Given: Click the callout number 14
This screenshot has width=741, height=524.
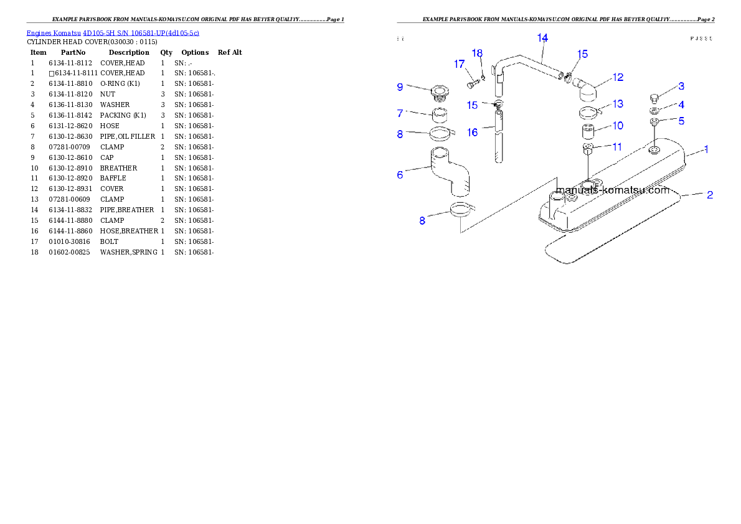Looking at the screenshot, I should [542, 38].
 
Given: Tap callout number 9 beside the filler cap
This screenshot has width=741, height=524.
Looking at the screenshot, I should [400, 87].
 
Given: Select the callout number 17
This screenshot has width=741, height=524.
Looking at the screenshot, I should [459, 64].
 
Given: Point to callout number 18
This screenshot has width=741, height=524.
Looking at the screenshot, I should [477, 54].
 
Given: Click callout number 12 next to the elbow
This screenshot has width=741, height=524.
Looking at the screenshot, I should [618, 77].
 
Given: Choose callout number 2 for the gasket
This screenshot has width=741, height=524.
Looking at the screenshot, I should [709, 195].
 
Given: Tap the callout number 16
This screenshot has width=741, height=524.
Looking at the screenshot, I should [473, 133].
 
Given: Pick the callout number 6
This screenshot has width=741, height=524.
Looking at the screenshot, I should [400, 175].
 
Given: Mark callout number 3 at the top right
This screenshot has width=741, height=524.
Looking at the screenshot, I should [681, 86].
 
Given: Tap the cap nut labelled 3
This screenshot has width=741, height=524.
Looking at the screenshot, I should [654, 96].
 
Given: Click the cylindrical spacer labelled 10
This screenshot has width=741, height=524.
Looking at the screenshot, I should [590, 132].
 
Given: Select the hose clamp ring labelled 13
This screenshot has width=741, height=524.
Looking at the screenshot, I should [588, 113].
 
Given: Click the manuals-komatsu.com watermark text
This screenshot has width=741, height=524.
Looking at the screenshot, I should [612, 190].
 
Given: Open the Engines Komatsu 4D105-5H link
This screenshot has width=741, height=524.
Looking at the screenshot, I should [113, 33].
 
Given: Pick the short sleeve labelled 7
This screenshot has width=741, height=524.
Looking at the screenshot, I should [441, 116].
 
